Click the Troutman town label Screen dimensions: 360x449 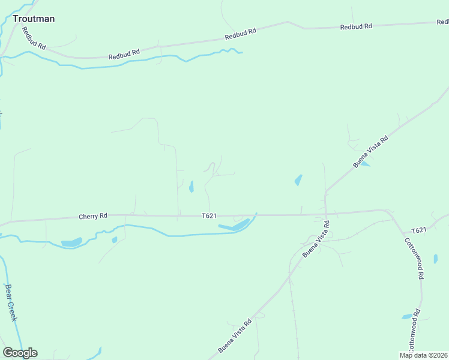[x=34, y=19]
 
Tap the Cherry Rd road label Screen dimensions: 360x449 [x=93, y=215]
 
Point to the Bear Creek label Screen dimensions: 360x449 [x=10, y=302]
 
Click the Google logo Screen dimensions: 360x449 [x=20, y=353]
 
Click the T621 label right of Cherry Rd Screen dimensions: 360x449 [x=209, y=215]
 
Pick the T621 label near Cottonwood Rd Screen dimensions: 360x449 [x=418, y=230]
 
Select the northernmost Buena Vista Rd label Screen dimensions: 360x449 [x=371, y=151]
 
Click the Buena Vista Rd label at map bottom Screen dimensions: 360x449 [x=235, y=336]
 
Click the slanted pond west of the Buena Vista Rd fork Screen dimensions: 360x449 [x=298, y=180]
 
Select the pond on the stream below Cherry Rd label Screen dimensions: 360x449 [x=72, y=242]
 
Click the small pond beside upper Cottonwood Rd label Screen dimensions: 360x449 [x=436, y=259]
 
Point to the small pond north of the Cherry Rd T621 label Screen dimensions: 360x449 [x=191, y=187]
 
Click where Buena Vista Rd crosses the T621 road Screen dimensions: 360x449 [x=325, y=214]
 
